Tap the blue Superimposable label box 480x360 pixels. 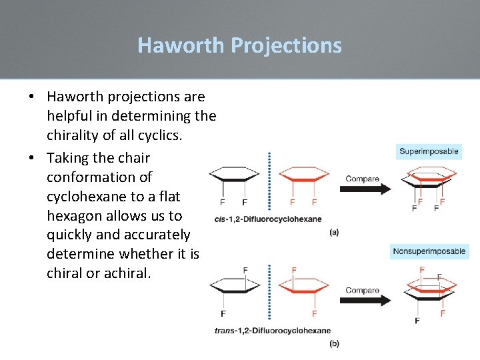click(x=429, y=151)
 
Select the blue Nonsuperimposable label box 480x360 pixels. click(x=429, y=251)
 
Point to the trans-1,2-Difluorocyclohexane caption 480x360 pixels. click(x=272, y=330)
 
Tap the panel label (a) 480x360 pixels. click(x=334, y=232)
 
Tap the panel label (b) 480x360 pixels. click(x=334, y=343)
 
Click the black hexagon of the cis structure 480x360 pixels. click(x=234, y=176)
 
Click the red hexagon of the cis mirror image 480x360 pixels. click(x=304, y=176)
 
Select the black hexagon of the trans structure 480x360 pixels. click(x=234, y=287)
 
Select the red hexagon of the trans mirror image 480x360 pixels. click(x=304, y=287)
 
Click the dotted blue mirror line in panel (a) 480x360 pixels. click(x=269, y=180)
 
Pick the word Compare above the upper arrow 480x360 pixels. click(x=362, y=179)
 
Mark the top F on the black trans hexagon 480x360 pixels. click(x=245, y=269)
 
